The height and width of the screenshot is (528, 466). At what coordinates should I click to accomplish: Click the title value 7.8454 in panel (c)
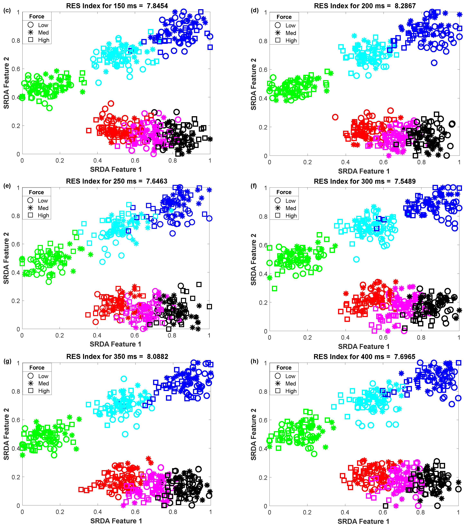tap(157, 6)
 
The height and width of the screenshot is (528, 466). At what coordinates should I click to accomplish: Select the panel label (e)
tap(7, 186)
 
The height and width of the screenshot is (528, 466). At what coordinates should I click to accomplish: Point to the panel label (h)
tap(254, 361)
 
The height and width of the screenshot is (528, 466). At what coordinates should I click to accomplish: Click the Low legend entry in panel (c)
tap(43, 25)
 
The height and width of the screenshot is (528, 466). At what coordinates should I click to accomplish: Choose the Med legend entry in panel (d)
tap(291, 33)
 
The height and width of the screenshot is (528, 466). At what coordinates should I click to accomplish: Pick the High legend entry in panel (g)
tap(44, 391)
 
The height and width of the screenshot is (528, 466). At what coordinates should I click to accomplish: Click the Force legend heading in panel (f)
tap(284, 192)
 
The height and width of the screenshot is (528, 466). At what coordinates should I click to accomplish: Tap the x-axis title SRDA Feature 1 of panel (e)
tap(115, 344)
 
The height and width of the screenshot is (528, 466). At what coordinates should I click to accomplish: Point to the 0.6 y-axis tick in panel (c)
tap(16, 69)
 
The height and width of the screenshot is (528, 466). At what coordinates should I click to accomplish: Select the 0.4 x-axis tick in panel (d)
tap(345, 162)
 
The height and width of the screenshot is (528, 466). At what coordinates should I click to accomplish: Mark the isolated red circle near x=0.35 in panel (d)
tap(335, 117)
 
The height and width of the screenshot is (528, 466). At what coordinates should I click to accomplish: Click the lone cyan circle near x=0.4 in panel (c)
tap(98, 83)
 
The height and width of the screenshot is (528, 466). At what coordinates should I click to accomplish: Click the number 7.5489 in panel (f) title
tap(405, 181)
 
